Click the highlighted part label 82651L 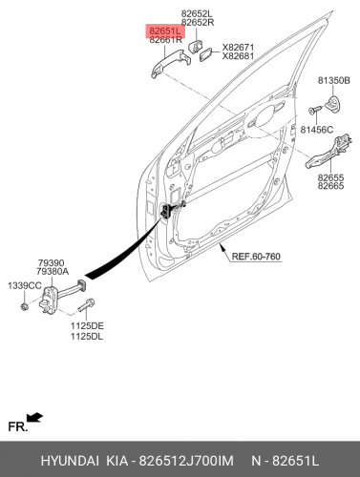(x=165, y=31)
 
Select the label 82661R (x=165, y=40)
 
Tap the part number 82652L (x=197, y=13)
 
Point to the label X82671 (x=238, y=48)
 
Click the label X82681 (x=238, y=56)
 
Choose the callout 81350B (x=333, y=81)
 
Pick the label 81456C (x=317, y=130)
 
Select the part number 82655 (x=330, y=177)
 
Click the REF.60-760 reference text (x=256, y=257)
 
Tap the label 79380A (x=53, y=272)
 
